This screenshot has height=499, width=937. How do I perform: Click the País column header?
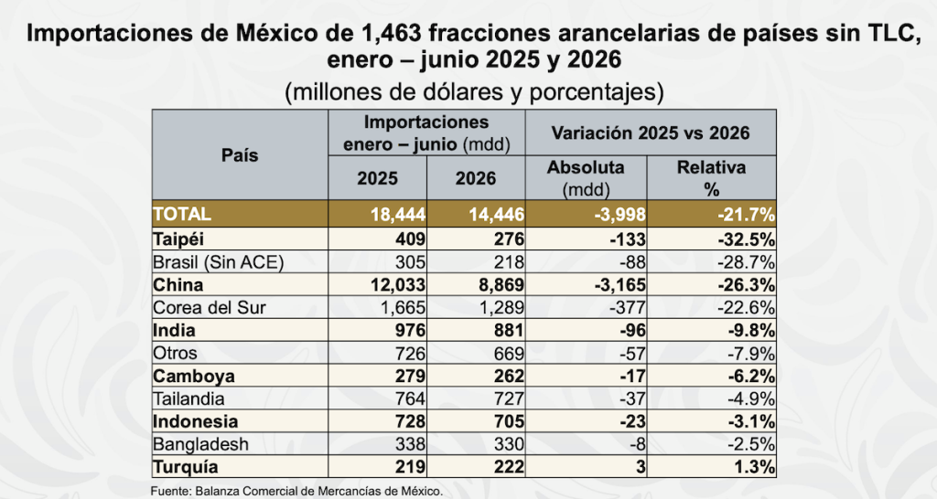coord(240,155)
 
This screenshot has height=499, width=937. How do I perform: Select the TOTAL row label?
coord(182,214)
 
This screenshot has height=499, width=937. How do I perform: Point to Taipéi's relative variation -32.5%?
coord(747,239)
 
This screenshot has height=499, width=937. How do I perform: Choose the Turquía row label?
coord(186,467)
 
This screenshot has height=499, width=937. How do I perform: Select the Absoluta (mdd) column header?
coord(586,178)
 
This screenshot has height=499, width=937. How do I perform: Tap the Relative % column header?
coord(711,178)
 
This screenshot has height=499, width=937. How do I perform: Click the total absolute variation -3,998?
coord(619,214)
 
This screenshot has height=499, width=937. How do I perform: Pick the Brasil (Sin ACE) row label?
coord(219,262)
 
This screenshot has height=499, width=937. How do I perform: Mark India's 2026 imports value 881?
coord(509,331)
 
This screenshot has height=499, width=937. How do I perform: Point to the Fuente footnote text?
coord(297,492)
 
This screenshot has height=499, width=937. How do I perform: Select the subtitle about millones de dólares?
coord(474,92)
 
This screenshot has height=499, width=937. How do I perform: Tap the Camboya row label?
coord(194,376)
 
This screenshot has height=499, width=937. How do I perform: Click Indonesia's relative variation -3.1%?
coord(751,421)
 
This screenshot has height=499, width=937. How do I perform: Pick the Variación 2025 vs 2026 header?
coord(651,133)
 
